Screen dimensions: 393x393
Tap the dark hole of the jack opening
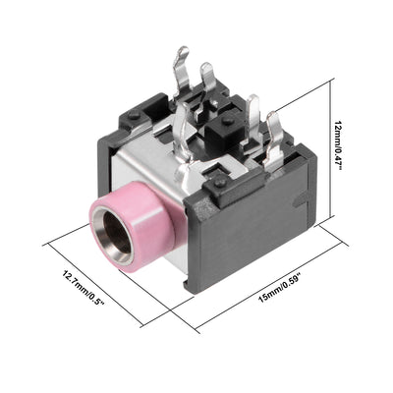116,233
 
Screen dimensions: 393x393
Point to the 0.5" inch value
97,300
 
